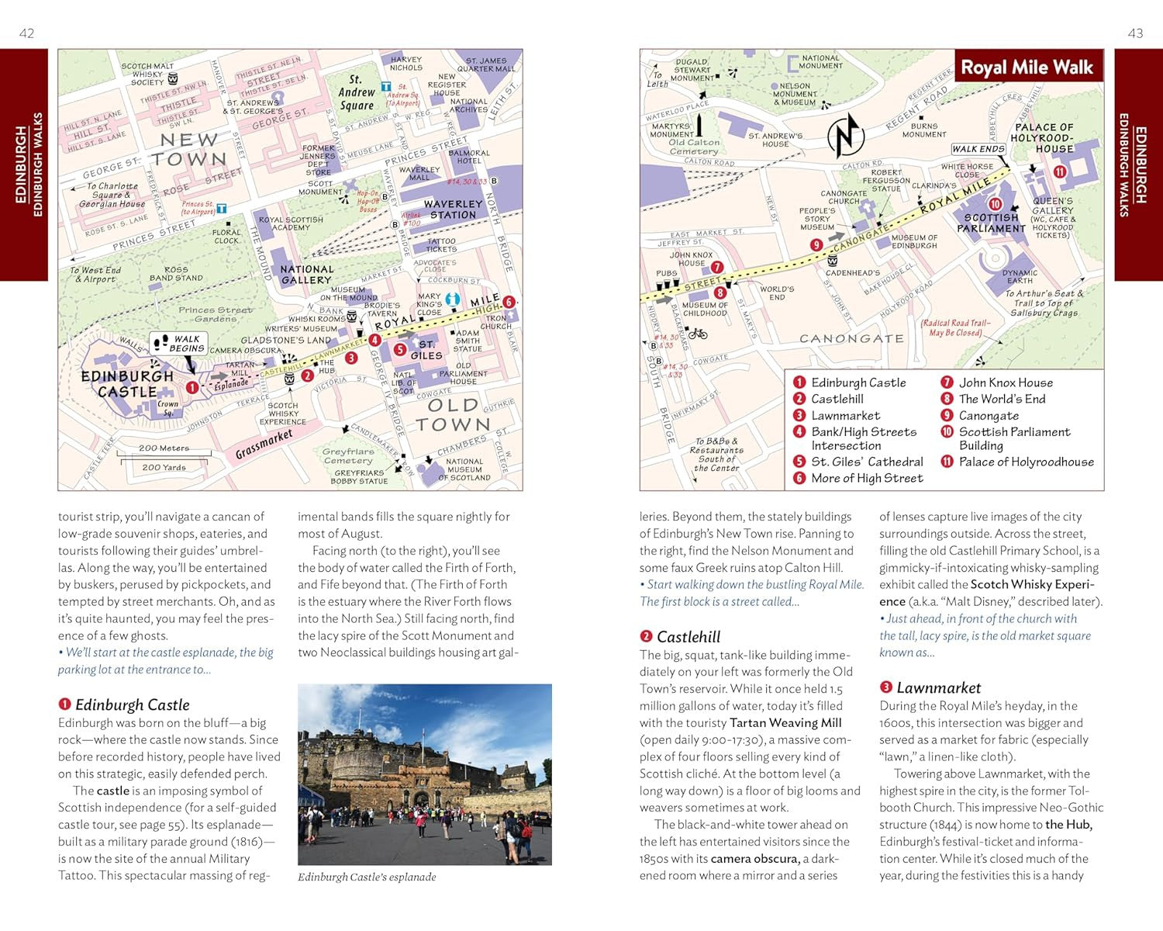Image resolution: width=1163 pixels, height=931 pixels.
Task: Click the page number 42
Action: (26, 33)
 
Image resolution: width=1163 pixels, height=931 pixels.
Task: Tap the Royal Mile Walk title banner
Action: (1027, 68)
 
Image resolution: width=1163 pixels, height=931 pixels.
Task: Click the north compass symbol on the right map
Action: (846, 136)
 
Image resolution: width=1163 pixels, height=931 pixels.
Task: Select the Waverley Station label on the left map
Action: (453, 209)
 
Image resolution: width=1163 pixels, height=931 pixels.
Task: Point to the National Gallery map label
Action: (306, 275)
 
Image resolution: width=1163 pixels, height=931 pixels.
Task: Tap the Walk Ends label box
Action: (978, 149)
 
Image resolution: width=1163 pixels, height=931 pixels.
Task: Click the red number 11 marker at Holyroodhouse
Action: (1059, 172)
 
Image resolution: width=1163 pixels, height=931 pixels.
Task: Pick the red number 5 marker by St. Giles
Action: (400, 350)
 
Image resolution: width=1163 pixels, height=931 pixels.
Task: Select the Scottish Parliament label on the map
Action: (991, 223)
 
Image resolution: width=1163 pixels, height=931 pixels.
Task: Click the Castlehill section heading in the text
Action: (688, 637)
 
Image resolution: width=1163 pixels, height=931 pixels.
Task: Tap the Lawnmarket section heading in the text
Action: (938, 688)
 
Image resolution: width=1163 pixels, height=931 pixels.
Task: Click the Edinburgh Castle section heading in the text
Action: (132, 705)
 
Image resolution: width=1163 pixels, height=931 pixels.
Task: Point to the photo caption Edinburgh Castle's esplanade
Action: (367, 877)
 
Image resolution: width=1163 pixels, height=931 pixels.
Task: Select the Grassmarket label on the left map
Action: (264, 445)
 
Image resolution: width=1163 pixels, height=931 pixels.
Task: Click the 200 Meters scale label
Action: (164, 448)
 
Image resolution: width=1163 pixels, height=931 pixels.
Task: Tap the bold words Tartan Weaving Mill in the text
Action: (785, 723)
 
